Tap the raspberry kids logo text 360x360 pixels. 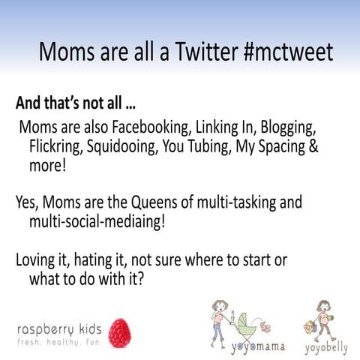(x=58, y=326)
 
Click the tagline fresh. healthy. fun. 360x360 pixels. (x=58, y=340)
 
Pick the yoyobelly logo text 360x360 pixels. (x=325, y=348)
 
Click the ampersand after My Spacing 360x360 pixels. (x=313, y=146)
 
